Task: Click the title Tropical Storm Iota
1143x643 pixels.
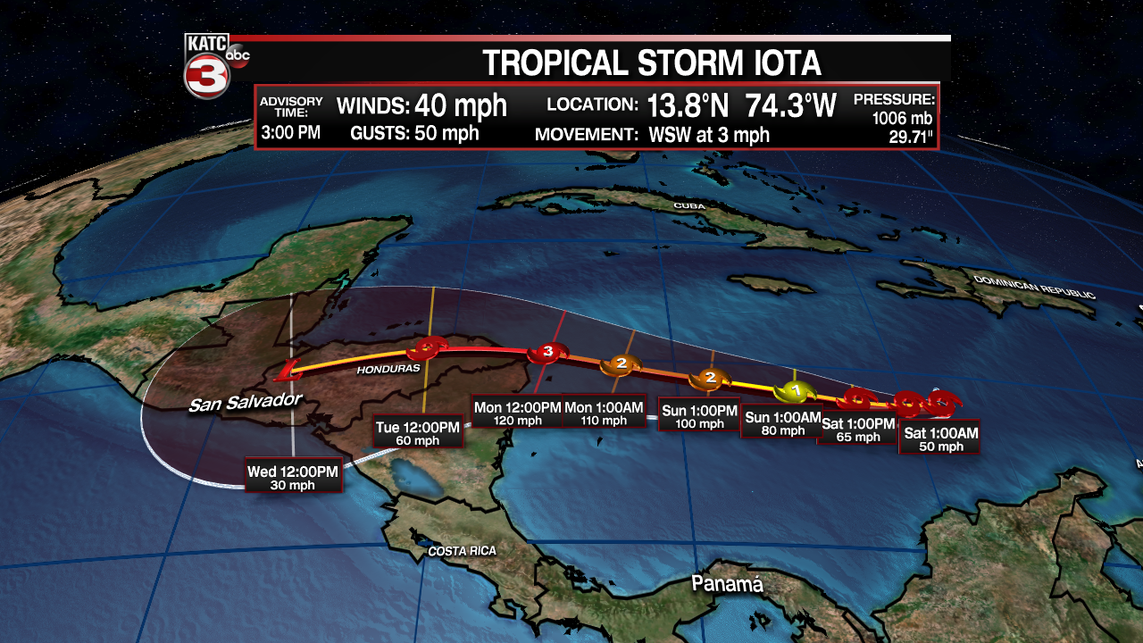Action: point(651,63)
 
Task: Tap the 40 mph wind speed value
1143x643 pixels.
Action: point(461,106)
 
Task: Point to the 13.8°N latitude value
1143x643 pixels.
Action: point(688,106)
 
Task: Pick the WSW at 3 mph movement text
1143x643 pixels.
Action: point(709,136)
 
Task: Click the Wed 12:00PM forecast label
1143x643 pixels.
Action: point(293,476)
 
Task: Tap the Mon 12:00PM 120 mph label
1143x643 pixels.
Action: point(518,413)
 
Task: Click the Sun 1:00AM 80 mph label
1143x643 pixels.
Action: point(781,423)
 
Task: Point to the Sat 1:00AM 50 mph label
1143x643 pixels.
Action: point(941,439)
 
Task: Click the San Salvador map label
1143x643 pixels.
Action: point(246,403)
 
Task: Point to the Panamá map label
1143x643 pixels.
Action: point(728,584)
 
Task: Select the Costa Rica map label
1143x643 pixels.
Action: point(462,551)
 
